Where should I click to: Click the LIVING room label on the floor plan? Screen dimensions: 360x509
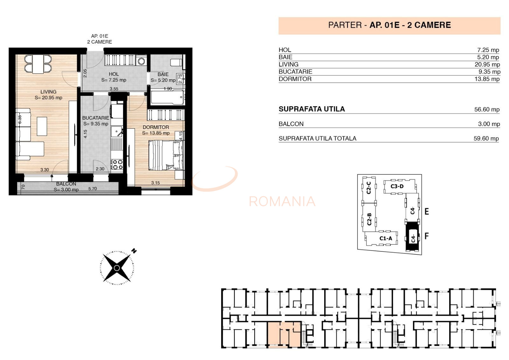[48, 92]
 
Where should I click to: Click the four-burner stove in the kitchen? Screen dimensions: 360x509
[117, 165]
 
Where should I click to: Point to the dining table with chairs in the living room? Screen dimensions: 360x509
[38, 64]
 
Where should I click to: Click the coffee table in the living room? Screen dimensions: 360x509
[42, 126]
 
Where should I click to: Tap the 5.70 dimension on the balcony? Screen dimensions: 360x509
[93, 189]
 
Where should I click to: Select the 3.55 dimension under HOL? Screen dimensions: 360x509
[114, 89]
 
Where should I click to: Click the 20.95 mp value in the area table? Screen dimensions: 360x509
[487, 65]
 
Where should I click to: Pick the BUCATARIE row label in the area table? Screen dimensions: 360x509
[295, 72]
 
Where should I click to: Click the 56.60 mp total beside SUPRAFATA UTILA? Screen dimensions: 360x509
[487, 109]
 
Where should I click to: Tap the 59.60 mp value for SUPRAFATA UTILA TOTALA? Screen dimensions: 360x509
[486, 138]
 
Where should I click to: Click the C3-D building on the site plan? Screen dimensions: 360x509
[397, 186]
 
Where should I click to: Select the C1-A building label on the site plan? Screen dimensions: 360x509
[386, 238]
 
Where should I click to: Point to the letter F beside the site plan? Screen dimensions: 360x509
[427, 236]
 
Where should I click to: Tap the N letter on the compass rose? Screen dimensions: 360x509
[134, 251]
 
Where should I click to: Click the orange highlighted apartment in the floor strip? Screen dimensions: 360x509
[284, 334]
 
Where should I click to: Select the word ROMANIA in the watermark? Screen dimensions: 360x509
[282, 201]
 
